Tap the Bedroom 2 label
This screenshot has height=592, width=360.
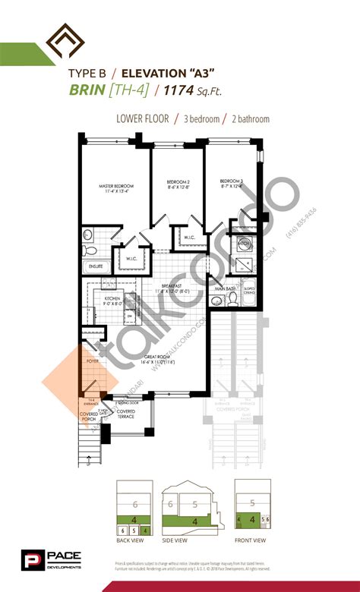pos(177,183)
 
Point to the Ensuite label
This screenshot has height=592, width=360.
pos(96,266)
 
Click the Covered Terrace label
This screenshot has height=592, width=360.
pos(126,415)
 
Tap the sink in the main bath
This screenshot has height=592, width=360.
pos(245,244)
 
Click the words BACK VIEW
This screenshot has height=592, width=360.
pos(132,540)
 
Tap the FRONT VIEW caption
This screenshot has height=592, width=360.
pos(249,540)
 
